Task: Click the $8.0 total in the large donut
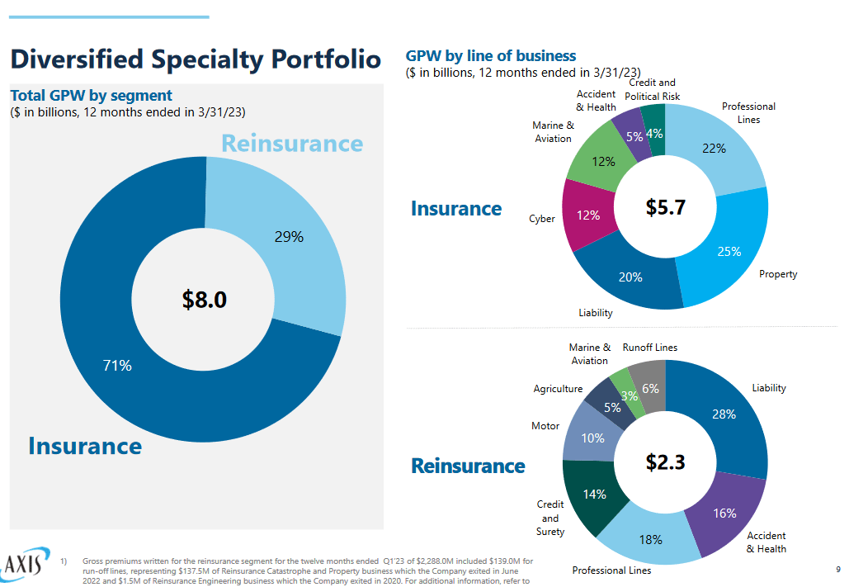click(204, 299)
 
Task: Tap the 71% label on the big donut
click(117, 365)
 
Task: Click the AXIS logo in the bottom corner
click(23, 563)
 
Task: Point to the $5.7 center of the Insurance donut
click(665, 206)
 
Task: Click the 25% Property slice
click(729, 252)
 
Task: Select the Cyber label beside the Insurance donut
click(542, 219)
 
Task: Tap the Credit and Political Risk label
click(652, 89)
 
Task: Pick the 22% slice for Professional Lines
click(714, 149)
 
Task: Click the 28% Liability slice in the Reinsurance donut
click(724, 414)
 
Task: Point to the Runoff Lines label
click(649, 348)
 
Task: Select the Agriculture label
click(558, 388)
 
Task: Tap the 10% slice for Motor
click(592, 438)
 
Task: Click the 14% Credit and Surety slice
click(594, 494)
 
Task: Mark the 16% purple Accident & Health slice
click(724, 513)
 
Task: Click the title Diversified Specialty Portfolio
click(195, 59)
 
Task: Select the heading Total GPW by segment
click(91, 96)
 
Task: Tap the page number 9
click(837, 569)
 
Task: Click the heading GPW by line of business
click(491, 56)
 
